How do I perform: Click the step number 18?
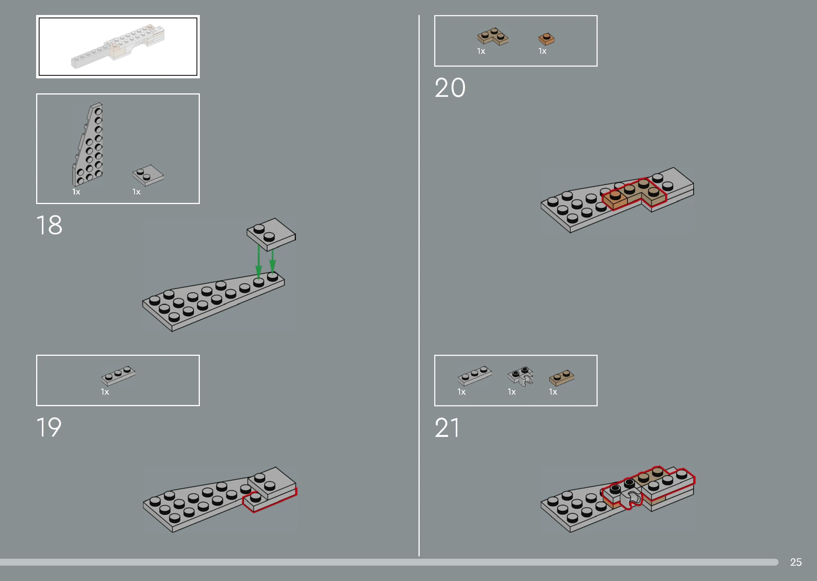tap(49, 225)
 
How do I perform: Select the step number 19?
tap(49, 427)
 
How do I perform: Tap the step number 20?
tap(450, 88)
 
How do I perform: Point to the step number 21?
tap(447, 428)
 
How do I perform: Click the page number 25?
tap(796, 562)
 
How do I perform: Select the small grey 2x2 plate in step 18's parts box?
tap(148, 175)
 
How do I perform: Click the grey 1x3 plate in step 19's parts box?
tap(118, 375)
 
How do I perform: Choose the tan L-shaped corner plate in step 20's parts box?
tap(493, 37)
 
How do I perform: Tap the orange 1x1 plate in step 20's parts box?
tap(546, 39)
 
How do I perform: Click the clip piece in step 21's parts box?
tap(521, 376)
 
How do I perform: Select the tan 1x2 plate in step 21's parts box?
tap(561, 378)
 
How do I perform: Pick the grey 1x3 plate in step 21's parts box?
tap(475, 375)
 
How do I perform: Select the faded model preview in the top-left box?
tap(118, 46)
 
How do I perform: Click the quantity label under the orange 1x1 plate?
tap(542, 51)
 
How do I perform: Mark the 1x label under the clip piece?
tap(511, 392)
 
